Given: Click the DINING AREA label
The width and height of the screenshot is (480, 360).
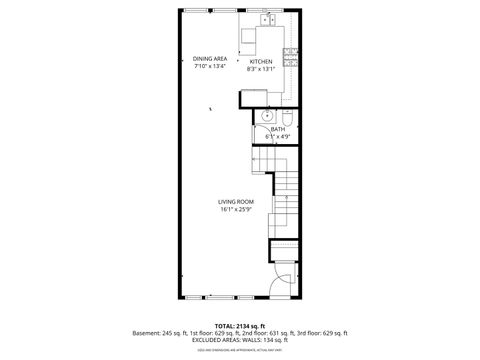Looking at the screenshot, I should (x=210, y=59).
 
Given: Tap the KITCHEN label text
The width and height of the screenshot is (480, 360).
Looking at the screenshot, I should (x=260, y=61).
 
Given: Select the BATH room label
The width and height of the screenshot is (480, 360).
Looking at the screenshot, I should (x=278, y=128).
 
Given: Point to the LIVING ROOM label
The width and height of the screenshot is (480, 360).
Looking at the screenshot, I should (x=236, y=201).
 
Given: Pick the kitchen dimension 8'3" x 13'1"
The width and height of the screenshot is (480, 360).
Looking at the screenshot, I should (x=260, y=69).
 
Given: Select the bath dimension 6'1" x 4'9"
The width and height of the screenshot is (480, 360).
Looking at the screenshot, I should (x=278, y=135).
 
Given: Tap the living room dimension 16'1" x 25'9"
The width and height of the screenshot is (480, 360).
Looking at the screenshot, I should (x=236, y=209).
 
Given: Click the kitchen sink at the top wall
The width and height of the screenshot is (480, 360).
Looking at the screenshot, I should (x=268, y=19).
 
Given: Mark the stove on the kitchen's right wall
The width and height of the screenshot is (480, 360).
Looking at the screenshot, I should (x=290, y=57).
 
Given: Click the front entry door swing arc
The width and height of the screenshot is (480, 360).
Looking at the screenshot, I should (x=283, y=283).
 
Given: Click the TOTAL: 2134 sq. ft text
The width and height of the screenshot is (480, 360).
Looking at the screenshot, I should (x=239, y=325).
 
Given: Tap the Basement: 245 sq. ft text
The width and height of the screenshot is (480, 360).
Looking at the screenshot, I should (x=159, y=332).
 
